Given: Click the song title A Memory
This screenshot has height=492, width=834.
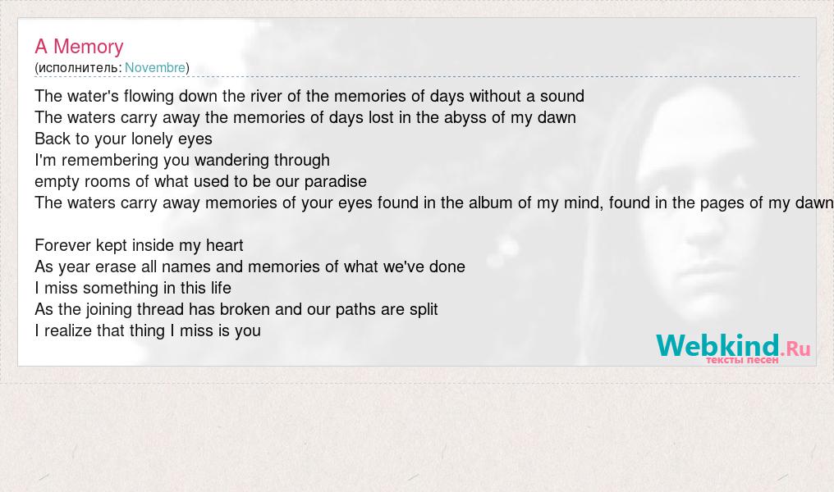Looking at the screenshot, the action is (80, 47).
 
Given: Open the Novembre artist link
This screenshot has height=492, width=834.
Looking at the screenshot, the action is (155, 68).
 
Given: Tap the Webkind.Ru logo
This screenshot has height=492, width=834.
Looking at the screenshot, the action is (733, 348).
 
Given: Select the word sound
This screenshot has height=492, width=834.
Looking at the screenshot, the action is (562, 96).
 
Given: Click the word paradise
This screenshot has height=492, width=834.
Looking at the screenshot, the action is (335, 181).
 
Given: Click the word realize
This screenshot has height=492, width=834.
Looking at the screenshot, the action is (66, 330).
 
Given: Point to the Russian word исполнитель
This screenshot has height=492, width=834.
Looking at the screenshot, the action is (78, 68).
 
